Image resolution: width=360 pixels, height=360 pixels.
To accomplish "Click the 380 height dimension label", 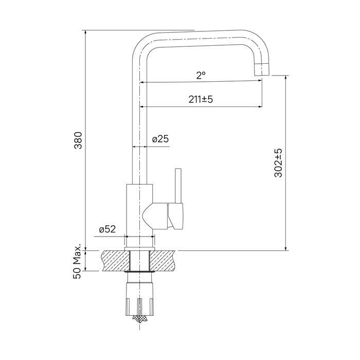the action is click(x=79, y=140).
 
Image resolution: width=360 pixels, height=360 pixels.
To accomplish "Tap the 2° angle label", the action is click(x=201, y=75).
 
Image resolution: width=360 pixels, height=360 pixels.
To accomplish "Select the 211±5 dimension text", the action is click(x=201, y=99).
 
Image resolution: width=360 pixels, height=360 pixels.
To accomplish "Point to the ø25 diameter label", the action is click(x=160, y=139).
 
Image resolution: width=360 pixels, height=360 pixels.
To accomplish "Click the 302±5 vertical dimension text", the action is click(x=278, y=163).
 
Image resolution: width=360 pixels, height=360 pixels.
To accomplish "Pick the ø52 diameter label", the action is click(x=107, y=229).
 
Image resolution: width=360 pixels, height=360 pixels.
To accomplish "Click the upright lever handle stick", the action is click(x=178, y=186).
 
